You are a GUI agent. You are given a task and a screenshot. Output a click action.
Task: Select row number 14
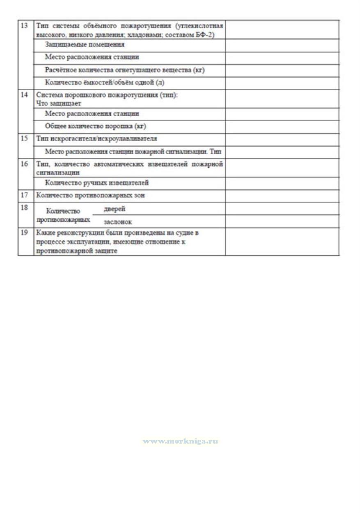tap(24, 95)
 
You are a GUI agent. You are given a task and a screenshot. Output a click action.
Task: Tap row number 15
tap(24, 138)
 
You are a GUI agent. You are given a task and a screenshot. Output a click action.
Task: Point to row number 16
tap(24, 164)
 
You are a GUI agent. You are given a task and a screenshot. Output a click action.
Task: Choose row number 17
tap(24, 196)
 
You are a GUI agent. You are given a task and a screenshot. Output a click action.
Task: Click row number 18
tap(24, 207)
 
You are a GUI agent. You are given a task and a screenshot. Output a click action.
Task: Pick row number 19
tap(24, 232)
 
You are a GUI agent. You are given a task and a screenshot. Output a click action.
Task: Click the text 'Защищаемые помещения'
tap(85, 44)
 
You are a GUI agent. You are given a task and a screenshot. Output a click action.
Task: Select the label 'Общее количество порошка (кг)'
tap(96, 126)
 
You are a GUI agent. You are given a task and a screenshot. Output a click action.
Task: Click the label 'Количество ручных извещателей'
tap(97, 183)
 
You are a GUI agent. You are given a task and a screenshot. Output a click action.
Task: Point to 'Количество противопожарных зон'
tap(90, 196)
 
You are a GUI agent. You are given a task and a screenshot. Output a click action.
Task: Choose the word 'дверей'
tap(114, 209)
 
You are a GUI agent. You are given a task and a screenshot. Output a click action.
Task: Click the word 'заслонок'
tap(117, 222)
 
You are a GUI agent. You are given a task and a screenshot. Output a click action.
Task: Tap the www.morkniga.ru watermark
tap(180, 442)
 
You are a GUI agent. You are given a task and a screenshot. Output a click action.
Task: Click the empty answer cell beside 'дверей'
tap(282, 209)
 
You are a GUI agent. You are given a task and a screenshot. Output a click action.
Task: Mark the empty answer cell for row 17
tap(282, 196)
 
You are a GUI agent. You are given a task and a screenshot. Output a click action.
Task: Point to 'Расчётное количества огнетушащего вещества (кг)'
tap(125, 70)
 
